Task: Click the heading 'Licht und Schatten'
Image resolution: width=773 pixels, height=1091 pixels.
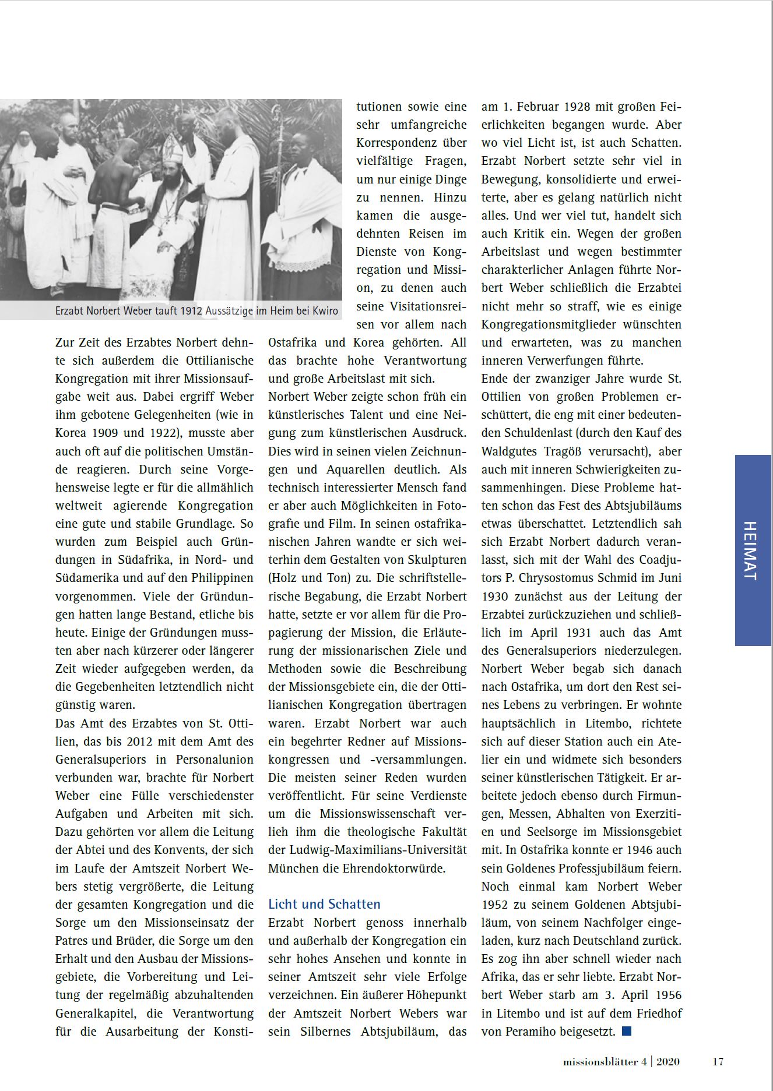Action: (324, 904)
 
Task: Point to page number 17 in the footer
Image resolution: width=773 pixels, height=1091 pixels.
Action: (718, 1061)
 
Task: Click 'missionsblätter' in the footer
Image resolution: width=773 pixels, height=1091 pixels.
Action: (600, 1061)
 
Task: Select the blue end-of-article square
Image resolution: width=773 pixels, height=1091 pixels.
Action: (627, 1031)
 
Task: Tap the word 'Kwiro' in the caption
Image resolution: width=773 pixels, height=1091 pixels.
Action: (324, 310)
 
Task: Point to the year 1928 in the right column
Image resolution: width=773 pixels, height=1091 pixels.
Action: (577, 107)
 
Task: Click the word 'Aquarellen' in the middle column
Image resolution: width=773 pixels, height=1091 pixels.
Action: (354, 469)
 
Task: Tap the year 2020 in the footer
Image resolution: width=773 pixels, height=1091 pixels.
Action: (667, 1061)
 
